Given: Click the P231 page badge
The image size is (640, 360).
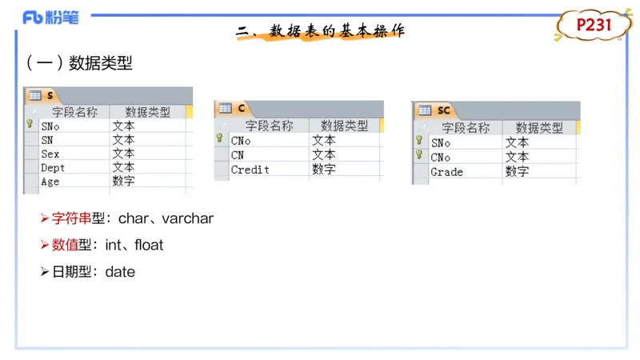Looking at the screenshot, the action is (594, 26).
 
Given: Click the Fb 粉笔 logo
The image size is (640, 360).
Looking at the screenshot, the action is (50, 18).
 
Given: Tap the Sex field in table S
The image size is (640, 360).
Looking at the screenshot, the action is (50, 154).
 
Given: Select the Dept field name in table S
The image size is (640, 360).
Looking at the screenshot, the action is (53, 168).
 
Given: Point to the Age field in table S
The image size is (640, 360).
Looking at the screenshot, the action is (50, 182).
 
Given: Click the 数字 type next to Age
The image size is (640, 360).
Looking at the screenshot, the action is (124, 181).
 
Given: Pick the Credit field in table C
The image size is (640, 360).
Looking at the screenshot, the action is (250, 170).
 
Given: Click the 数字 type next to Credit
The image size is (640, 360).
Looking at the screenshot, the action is (324, 169).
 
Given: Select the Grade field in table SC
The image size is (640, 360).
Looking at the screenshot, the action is (447, 172).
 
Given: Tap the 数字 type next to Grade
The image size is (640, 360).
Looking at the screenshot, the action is (517, 171).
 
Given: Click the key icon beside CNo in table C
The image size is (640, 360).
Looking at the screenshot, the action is (219, 138).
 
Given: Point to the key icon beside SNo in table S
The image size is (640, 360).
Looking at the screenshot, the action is (30, 124).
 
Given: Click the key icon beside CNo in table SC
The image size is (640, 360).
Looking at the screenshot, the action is (419, 154).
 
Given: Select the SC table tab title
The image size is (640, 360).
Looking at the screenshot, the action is (444, 110).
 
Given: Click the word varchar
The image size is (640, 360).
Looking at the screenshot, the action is (188, 218).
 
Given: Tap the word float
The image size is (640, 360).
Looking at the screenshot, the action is (149, 245).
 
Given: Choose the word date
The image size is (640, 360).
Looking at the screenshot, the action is (120, 272).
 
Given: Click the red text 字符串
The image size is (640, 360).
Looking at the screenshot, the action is (71, 218).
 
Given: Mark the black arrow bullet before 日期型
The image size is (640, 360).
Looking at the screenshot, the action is (45, 272).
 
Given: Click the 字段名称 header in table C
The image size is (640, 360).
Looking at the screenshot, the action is (269, 126).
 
